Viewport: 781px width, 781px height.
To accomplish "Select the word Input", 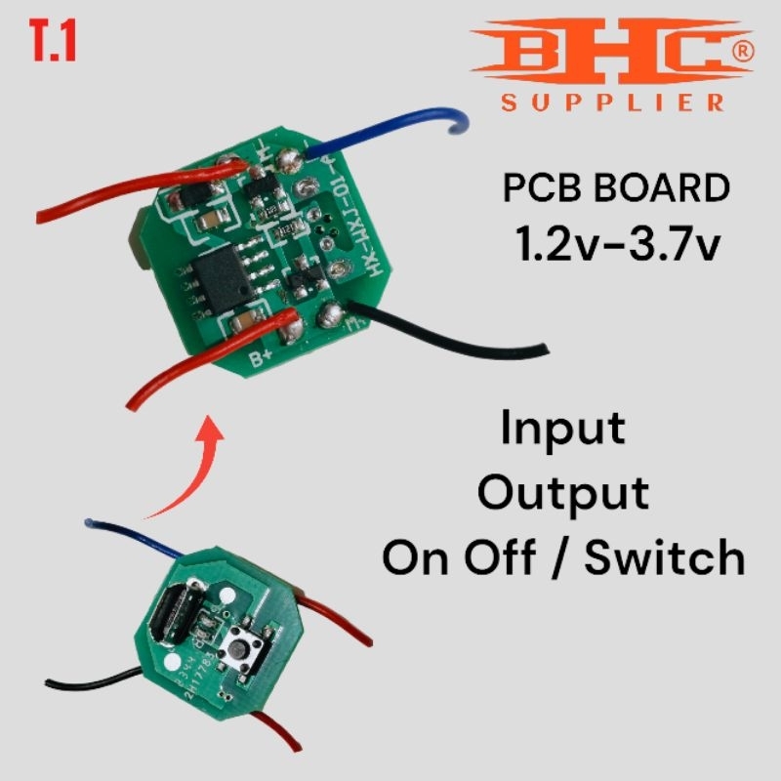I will [563, 429].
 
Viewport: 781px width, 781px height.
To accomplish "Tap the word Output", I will [563, 493].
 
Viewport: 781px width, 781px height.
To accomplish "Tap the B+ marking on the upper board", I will [261, 358].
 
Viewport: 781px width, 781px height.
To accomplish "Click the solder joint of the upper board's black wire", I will [329, 315].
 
